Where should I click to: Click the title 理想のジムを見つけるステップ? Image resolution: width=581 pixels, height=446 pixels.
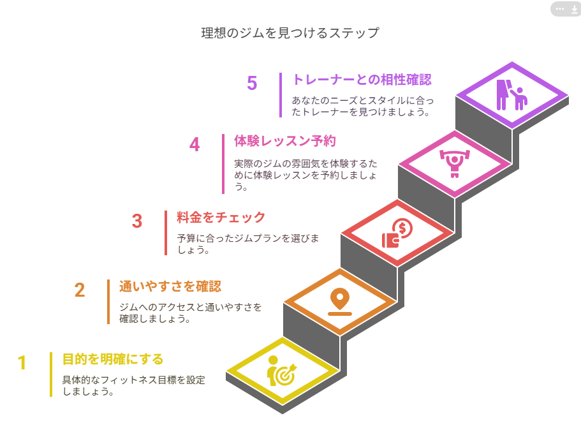290,33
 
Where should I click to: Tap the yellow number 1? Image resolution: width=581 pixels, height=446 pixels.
22,362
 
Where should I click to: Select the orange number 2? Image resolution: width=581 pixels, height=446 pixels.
80,290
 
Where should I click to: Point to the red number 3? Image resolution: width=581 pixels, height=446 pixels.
137,221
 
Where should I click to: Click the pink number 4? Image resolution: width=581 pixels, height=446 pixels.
195,145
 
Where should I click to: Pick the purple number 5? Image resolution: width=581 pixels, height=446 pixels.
252,83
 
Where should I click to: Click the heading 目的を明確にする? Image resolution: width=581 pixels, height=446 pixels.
113,359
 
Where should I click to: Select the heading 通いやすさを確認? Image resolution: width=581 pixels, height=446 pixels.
170,286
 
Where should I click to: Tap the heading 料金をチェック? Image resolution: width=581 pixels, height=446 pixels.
221,217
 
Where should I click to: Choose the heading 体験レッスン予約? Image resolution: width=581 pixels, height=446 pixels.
285,141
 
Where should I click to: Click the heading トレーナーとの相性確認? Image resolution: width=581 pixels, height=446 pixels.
362,79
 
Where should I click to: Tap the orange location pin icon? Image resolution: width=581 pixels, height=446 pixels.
340,302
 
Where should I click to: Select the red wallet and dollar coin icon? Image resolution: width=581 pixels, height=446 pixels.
397,233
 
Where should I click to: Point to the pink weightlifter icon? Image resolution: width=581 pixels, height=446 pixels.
455,163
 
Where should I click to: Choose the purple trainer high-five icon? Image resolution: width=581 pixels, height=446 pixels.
511,95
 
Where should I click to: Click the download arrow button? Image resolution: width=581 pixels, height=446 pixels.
575,10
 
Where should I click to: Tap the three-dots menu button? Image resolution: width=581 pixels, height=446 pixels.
560,9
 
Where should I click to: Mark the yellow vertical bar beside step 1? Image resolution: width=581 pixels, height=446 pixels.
51,375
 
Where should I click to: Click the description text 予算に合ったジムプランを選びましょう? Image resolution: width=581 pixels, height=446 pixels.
247,244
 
